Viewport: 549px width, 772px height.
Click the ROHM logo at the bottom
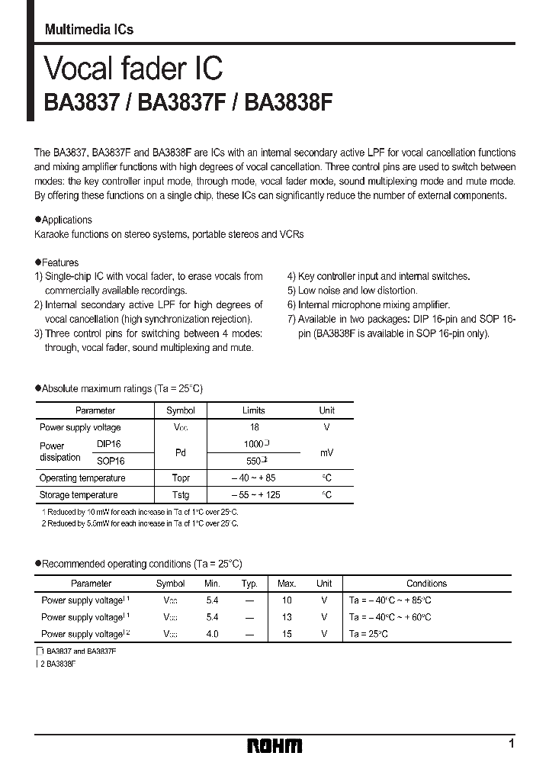click(x=274, y=745)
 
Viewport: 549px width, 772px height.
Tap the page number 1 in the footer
click(x=511, y=744)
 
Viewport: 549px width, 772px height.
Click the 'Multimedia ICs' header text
click(x=89, y=30)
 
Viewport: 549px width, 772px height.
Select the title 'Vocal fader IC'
click(x=133, y=69)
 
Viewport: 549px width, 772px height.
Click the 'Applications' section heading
click(x=66, y=220)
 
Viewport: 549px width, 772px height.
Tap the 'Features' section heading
click(x=59, y=262)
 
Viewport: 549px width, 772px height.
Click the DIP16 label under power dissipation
click(x=109, y=443)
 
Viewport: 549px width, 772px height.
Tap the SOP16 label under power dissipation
click(x=110, y=461)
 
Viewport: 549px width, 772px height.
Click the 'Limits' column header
click(x=253, y=410)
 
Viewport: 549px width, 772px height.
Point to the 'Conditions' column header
click(x=426, y=584)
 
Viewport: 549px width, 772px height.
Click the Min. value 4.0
click(x=212, y=634)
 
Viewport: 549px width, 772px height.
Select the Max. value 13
click(x=286, y=617)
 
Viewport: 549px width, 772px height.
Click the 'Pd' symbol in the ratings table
click(x=180, y=452)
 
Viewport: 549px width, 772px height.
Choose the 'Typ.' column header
click(x=249, y=584)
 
